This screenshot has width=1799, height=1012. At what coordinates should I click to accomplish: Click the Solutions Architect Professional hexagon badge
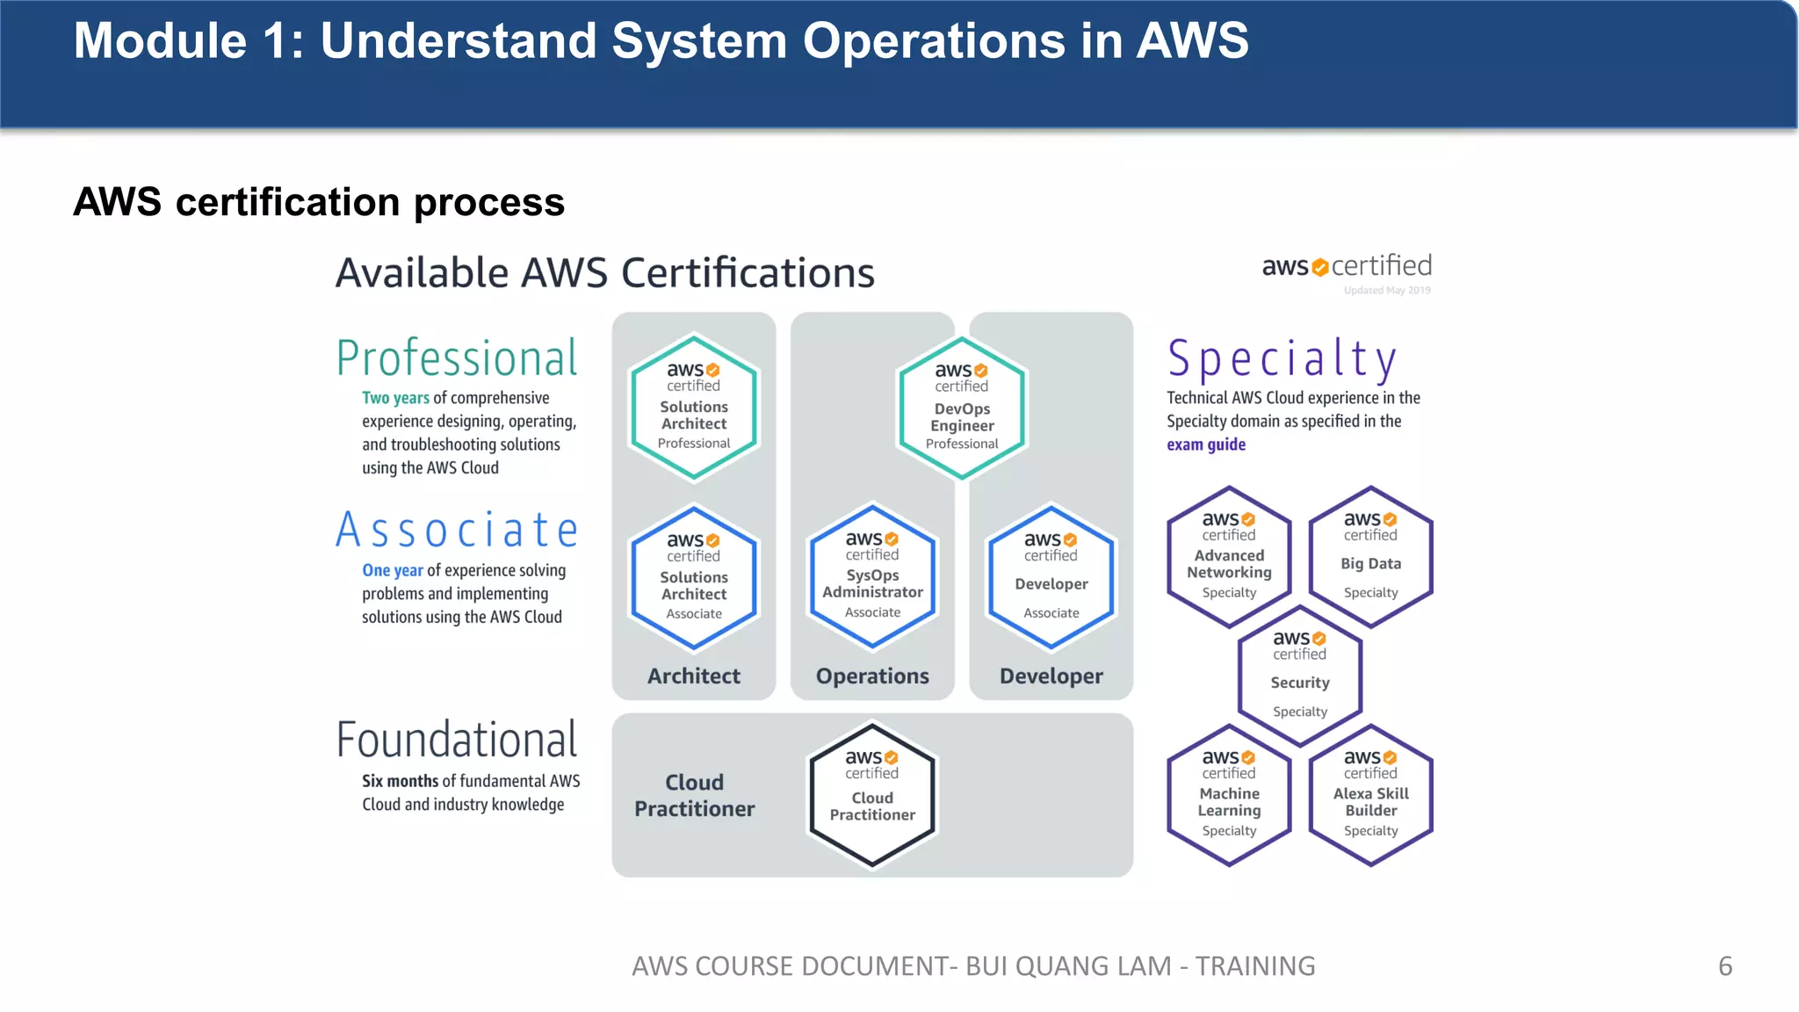(x=694, y=408)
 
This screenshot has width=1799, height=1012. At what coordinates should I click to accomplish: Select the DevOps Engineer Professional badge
(x=962, y=409)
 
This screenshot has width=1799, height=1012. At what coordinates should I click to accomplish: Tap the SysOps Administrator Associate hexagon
(x=872, y=577)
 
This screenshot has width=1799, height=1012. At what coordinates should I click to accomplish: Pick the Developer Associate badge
(x=1051, y=578)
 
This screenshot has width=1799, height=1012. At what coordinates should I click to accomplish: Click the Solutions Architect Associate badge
(x=694, y=579)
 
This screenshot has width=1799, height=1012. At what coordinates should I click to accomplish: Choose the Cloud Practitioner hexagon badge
(x=872, y=795)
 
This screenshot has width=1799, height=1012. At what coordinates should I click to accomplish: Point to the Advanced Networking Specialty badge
(x=1229, y=558)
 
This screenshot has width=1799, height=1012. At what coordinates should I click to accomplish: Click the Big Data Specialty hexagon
(x=1370, y=558)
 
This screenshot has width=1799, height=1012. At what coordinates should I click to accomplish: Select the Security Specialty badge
(x=1300, y=676)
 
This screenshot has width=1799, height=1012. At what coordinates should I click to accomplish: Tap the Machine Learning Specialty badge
(x=1229, y=796)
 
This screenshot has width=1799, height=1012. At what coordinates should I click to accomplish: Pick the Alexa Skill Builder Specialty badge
(x=1370, y=796)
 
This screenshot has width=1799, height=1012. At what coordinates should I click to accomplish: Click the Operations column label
(x=872, y=676)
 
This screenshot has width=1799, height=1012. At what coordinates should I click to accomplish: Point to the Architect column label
(x=694, y=676)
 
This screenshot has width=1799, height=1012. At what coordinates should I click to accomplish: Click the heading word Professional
(x=457, y=358)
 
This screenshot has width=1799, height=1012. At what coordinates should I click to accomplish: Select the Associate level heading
(x=457, y=530)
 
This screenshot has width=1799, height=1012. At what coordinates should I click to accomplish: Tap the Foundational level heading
(x=457, y=740)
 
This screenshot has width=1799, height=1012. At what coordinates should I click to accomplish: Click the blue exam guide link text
(x=1206, y=445)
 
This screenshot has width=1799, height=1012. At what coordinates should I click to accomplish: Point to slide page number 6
(x=1724, y=966)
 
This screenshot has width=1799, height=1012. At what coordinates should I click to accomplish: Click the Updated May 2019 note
(x=1387, y=291)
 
